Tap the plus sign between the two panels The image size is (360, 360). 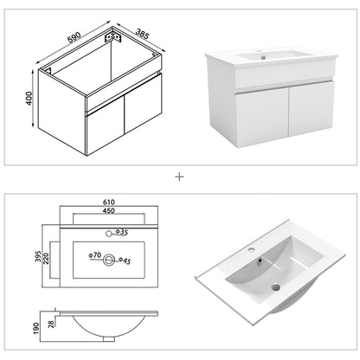pyautogui.click(x=180, y=177)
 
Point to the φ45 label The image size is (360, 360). pyautogui.click(x=125, y=259)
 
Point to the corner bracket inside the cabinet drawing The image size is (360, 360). pyautogui.click(x=110, y=39)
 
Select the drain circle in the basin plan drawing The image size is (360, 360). pyautogui.click(x=110, y=257)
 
